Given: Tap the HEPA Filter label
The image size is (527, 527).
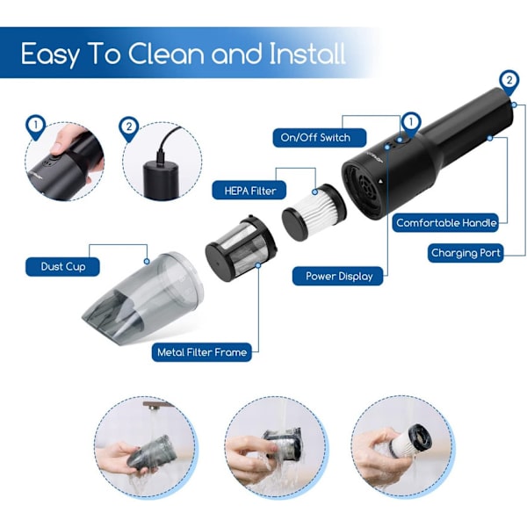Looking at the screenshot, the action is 249,191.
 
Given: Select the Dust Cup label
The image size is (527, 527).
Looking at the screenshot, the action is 63,267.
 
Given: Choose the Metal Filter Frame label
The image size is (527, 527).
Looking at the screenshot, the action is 202,352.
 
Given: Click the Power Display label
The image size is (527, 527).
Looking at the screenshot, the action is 338,277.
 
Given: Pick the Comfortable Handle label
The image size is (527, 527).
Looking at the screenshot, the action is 445,223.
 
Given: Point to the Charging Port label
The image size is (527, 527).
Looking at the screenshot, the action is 466,253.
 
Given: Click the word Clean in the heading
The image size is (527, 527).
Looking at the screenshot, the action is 166,54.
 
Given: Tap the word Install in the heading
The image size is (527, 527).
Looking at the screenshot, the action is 307,53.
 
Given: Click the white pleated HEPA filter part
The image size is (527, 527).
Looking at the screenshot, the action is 314,212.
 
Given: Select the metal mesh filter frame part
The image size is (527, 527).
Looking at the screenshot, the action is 241,248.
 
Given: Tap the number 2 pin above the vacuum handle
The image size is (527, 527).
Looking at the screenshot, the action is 509,82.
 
